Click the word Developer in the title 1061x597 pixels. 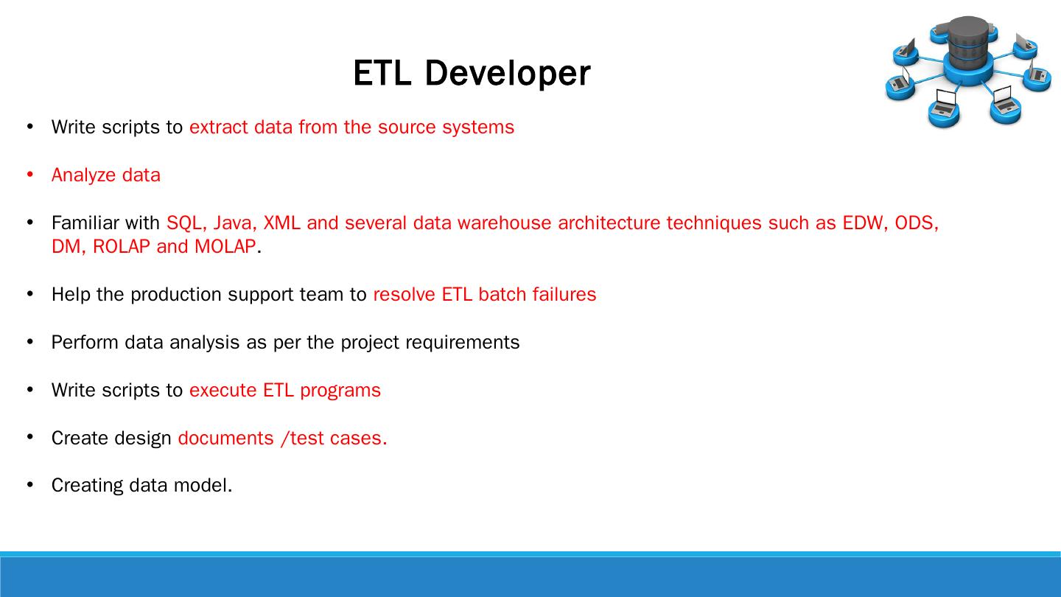[508, 74]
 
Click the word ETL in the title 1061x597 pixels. [382, 73]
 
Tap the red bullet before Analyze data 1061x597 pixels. [30, 175]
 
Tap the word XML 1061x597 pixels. [281, 223]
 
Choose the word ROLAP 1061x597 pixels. [122, 246]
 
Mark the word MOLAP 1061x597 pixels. [225, 246]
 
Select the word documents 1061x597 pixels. [225, 439]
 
